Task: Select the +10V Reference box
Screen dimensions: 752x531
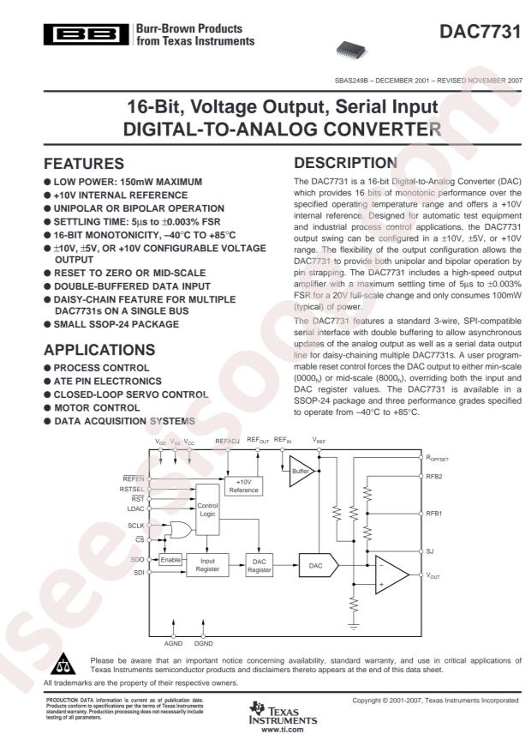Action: [243, 486]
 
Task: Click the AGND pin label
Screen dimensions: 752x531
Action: [173, 641]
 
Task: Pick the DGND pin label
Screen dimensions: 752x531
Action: [204, 641]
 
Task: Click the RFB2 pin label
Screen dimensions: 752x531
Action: [434, 477]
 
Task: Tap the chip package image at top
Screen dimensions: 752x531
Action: [353, 48]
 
